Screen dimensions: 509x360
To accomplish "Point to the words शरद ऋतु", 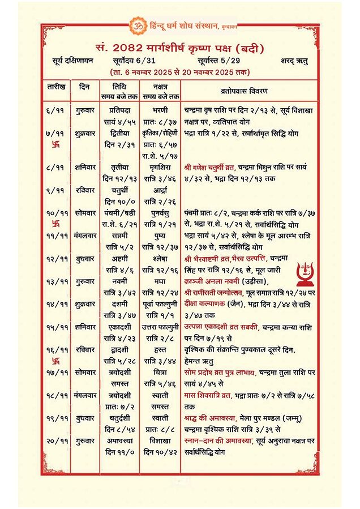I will tap(294, 61).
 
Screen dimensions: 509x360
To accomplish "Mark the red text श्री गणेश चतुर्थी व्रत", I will tap(218, 168).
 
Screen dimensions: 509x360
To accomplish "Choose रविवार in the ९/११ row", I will tap(84, 190).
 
